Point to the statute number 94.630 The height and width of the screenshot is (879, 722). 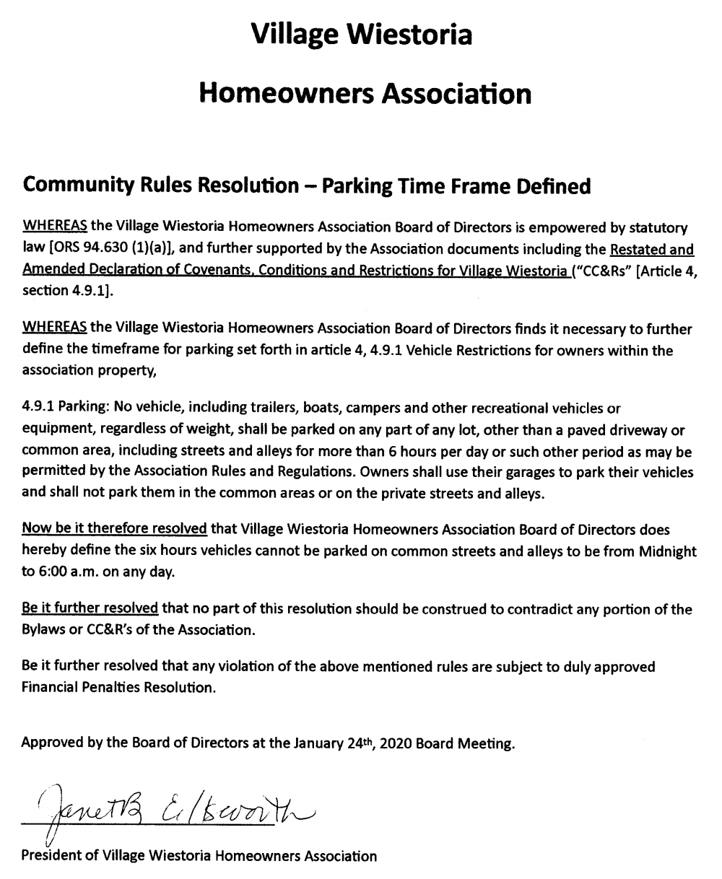(91, 249)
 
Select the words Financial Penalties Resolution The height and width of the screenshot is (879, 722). (119, 687)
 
